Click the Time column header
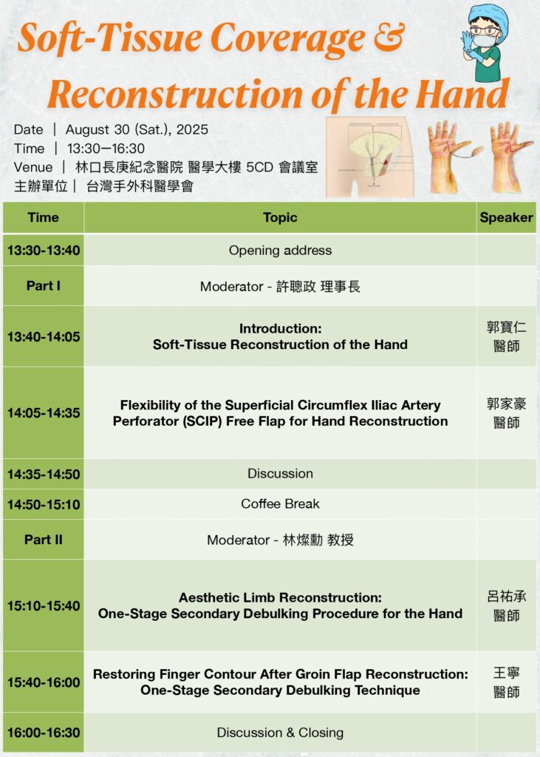[x=43, y=217]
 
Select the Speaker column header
[x=506, y=217]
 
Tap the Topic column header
[x=280, y=217]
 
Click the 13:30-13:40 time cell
[x=44, y=250]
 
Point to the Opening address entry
[x=280, y=250]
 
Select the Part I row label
[x=44, y=286]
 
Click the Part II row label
[x=44, y=539]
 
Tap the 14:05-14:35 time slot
[x=44, y=413]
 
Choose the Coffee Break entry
[x=280, y=504]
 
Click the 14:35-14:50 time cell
[x=44, y=474]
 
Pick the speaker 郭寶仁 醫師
[x=506, y=336]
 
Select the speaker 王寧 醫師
[x=506, y=682]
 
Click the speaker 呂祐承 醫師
[x=506, y=605]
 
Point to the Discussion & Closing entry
[x=280, y=733]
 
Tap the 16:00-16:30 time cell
[x=44, y=733]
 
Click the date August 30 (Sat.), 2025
[x=137, y=129]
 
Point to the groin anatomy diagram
[x=371, y=157]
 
